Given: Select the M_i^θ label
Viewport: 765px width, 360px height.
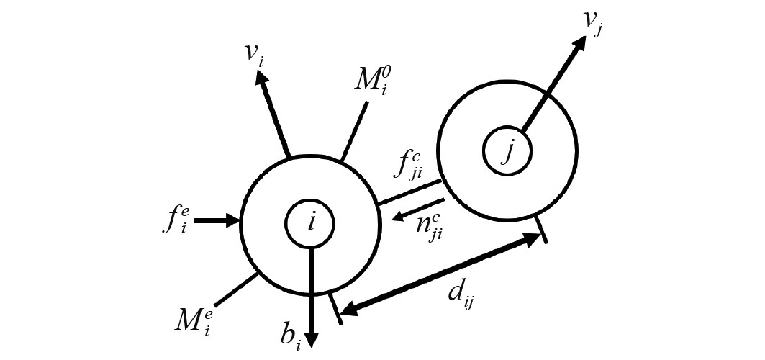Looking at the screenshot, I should pyautogui.click(x=373, y=81).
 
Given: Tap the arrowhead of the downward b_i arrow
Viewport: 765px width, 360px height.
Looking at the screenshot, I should pyautogui.click(x=311, y=338).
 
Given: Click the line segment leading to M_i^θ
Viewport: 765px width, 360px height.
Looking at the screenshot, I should pyautogui.click(x=354, y=131).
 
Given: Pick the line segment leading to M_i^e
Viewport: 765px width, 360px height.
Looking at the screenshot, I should pyautogui.click(x=235, y=289).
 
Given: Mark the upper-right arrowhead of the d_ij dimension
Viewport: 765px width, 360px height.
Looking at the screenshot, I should pyautogui.click(x=531, y=239).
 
